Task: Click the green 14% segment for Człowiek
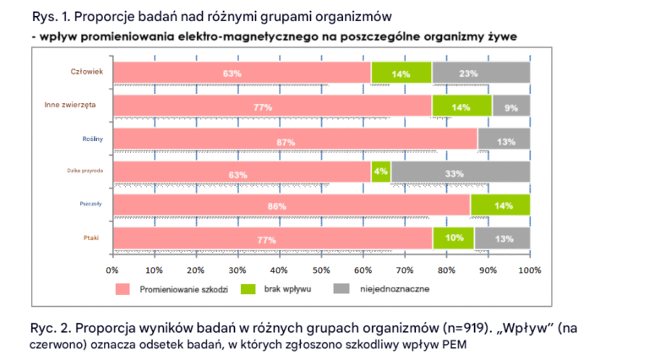tap(401, 74)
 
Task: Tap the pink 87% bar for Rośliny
tap(295, 139)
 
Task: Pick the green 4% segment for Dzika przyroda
tap(380, 172)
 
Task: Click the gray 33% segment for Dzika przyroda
tap(461, 172)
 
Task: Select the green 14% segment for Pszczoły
tap(500, 205)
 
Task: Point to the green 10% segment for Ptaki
tap(454, 238)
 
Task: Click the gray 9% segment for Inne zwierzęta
tap(511, 106)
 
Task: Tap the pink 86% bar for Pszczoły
tap(292, 205)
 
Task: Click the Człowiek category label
tap(86, 72)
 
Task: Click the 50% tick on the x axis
tap(321, 270)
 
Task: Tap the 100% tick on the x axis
tap(529, 270)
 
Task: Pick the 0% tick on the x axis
tap(112, 270)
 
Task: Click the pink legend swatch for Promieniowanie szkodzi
tap(123, 289)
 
